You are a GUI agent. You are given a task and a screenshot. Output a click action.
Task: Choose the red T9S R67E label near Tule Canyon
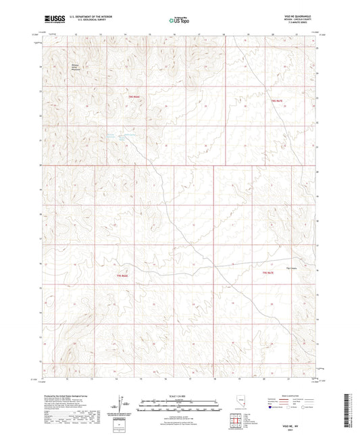(268, 272)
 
